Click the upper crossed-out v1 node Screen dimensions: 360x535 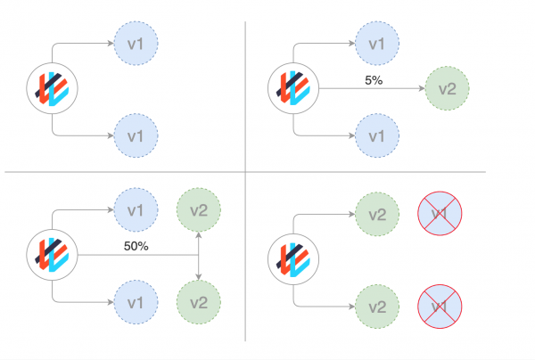440,215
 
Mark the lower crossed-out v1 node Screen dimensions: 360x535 440,307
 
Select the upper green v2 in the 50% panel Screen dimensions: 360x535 199,210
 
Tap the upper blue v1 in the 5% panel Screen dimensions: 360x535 377,42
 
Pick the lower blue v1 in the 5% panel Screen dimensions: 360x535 377,135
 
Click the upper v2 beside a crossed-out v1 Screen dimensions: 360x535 377,215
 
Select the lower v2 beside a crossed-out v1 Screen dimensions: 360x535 377,307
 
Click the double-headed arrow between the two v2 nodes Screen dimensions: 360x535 198,256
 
